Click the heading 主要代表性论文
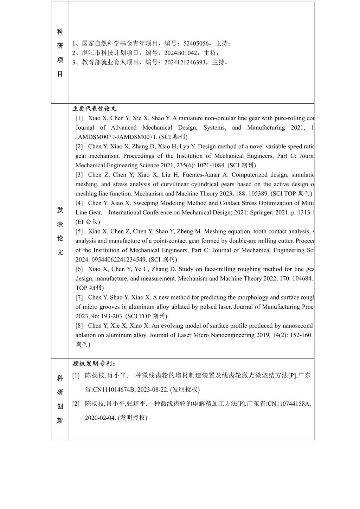(x=94, y=109)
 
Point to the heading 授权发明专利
(x=94, y=363)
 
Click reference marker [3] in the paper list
(x=79, y=175)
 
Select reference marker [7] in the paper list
(x=79, y=297)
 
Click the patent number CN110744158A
(x=289, y=404)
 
